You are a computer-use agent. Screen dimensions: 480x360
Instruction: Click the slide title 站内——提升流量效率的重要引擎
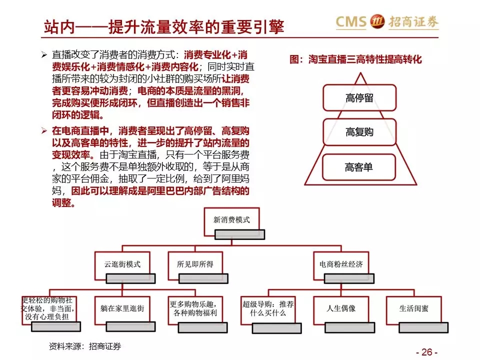[164, 27]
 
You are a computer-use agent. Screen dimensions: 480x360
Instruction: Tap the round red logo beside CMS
[377, 21]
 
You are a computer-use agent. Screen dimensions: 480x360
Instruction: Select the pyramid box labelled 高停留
[359, 98]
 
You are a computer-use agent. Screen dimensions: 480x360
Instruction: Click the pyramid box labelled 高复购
[359, 132]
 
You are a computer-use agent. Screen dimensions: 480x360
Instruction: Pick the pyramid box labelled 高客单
[359, 167]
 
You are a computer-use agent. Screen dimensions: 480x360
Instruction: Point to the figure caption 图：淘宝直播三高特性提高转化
[355, 59]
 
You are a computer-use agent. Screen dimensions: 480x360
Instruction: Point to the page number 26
[426, 352]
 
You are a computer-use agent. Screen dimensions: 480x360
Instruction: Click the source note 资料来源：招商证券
[85, 346]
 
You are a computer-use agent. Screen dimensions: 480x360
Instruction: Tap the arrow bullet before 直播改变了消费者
[44, 55]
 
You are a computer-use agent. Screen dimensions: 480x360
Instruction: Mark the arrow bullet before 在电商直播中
[44, 131]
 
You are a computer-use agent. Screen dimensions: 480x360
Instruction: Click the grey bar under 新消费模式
[239, 234]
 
